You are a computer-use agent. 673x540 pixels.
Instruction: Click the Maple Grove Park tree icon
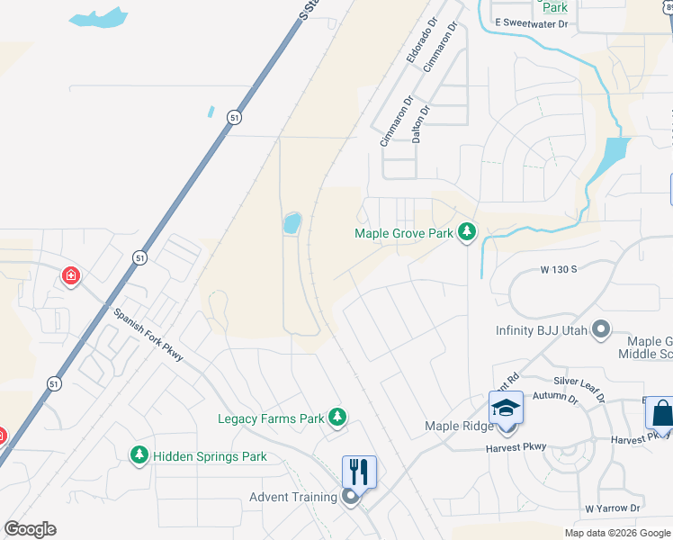466,233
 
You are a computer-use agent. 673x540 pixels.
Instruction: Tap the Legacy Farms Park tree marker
336,418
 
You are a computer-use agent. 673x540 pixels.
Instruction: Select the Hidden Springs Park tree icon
139,456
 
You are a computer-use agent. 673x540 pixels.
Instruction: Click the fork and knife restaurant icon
358,470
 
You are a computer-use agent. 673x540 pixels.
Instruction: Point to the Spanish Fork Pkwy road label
148,335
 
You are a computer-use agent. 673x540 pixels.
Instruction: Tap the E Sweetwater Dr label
531,24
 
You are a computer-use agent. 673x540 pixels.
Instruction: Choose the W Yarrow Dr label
612,508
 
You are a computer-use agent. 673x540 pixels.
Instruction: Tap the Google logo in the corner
30,529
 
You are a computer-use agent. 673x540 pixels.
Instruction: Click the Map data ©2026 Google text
617,533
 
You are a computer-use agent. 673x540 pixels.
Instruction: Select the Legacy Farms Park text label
271,418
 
